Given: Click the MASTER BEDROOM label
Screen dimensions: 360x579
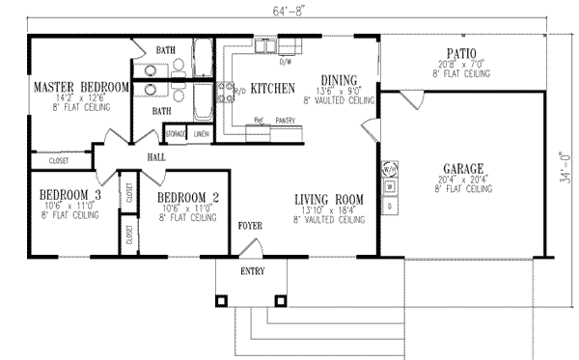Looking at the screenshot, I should click(81, 87).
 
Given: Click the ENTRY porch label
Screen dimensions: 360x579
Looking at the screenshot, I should click(251, 272).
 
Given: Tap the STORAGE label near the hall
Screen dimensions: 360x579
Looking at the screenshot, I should click(176, 133).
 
